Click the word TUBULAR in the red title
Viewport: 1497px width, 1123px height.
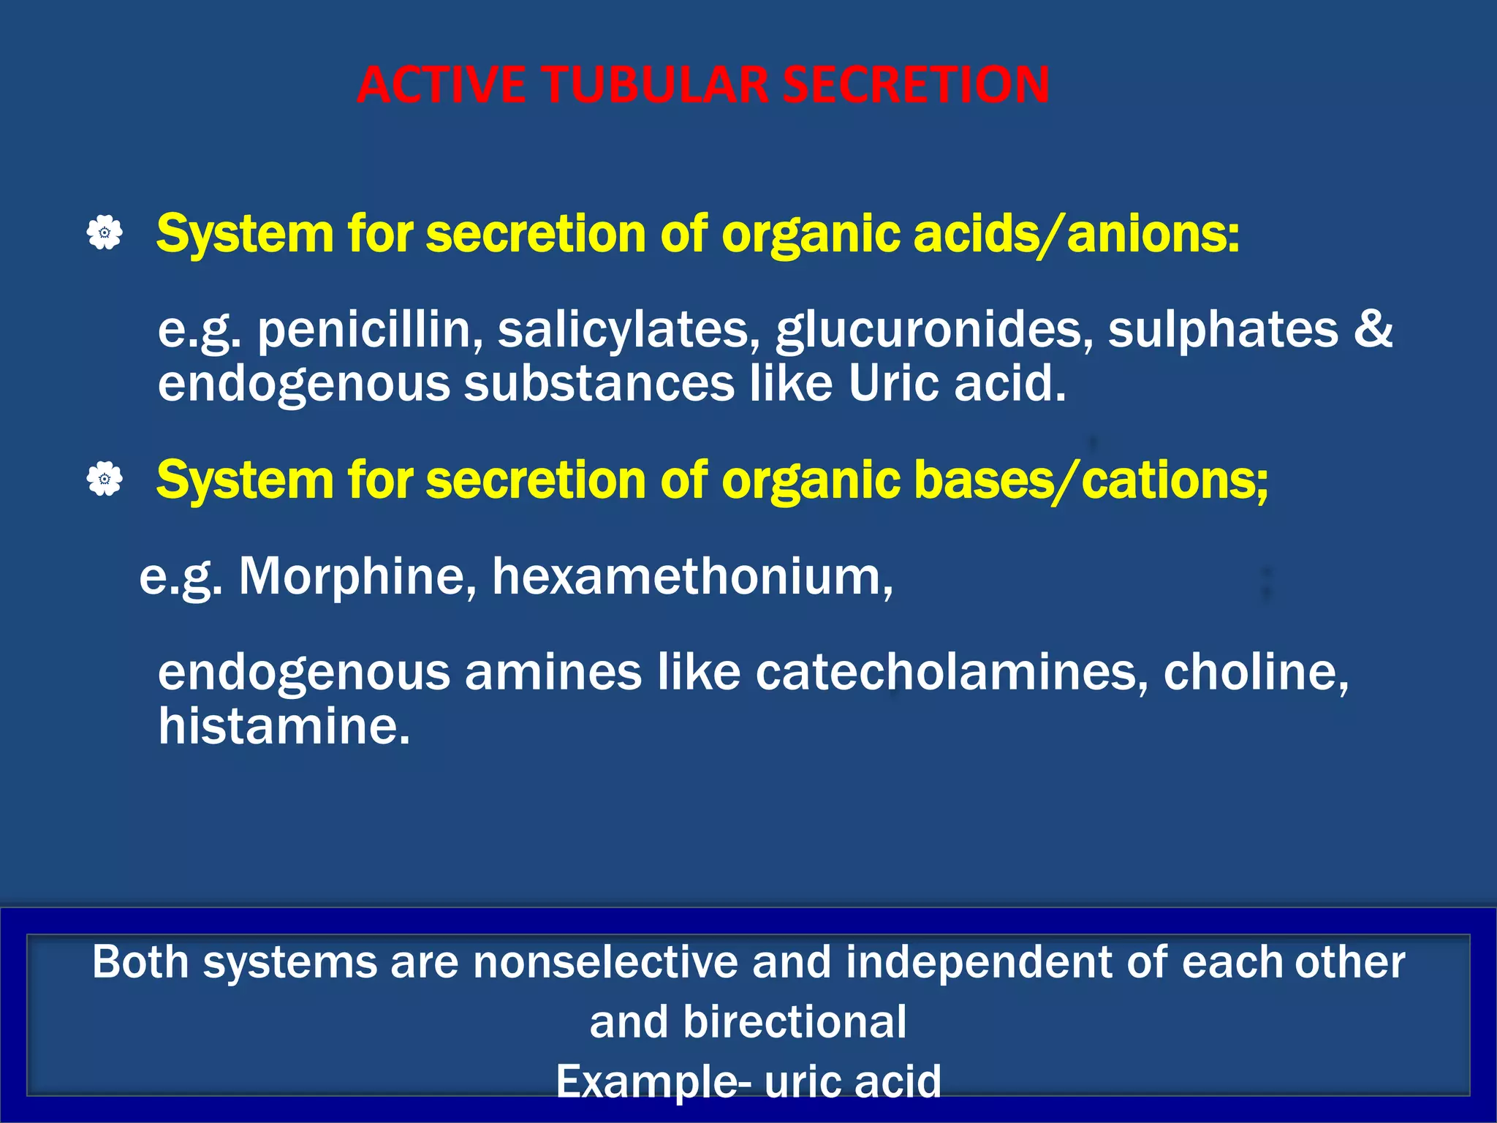(x=654, y=85)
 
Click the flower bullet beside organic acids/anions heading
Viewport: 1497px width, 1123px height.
(x=105, y=233)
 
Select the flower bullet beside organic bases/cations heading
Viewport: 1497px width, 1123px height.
(x=105, y=480)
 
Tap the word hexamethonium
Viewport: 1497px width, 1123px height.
(x=691, y=577)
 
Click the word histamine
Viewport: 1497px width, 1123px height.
(x=284, y=727)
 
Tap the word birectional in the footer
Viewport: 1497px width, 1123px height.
(x=795, y=1022)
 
